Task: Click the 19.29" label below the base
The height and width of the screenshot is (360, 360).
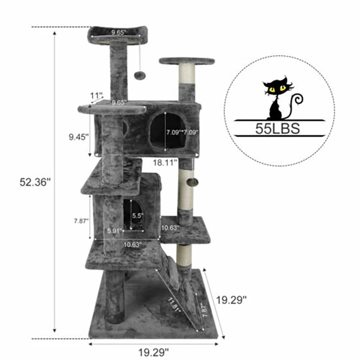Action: [x=154, y=351]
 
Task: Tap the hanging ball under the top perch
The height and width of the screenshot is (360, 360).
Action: [x=139, y=75]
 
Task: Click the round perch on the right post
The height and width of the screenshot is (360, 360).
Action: [x=187, y=61]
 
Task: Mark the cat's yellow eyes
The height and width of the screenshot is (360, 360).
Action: [x=276, y=89]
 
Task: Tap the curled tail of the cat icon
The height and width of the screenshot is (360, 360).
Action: [x=297, y=102]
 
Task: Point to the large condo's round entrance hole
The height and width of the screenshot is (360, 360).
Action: [x=168, y=131]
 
